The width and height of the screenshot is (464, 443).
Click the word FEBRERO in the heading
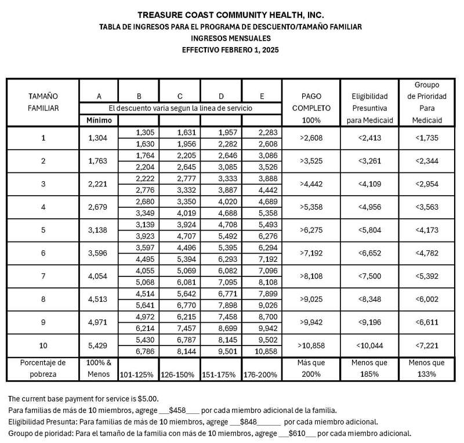(230, 50)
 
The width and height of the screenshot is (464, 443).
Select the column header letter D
(221, 96)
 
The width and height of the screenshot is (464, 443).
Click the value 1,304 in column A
(99, 138)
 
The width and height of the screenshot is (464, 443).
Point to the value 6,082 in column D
(221, 271)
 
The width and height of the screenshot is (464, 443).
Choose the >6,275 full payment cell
(311, 230)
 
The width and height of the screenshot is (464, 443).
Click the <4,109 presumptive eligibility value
(369, 185)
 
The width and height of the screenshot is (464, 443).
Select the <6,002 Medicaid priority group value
(427, 300)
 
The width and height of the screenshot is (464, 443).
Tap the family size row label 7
(43, 276)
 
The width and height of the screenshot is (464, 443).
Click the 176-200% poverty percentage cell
(262, 374)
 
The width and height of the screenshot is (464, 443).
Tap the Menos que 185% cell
(369, 368)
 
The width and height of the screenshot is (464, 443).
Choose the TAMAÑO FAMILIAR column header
(43, 102)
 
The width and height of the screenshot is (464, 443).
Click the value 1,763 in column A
(99, 161)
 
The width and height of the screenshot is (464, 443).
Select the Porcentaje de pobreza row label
(43, 368)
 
